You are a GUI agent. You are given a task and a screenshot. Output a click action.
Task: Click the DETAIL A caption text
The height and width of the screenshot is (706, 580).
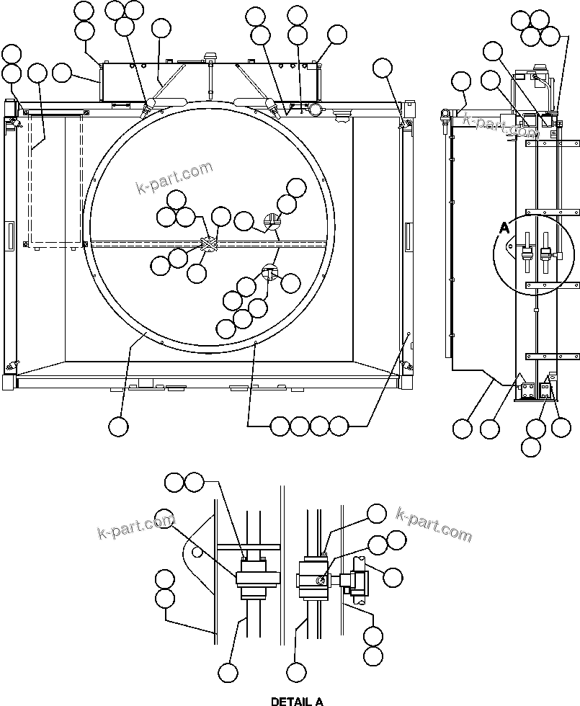point(297,700)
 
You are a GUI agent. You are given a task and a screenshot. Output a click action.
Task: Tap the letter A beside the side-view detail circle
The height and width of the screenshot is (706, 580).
point(505,228)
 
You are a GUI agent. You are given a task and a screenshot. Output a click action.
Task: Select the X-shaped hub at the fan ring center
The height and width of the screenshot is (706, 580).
point(208,245)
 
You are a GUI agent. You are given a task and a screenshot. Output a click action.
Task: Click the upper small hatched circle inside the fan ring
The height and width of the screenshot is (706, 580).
point(271,222)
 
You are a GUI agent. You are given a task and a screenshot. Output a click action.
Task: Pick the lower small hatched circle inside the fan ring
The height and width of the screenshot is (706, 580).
point(269,273)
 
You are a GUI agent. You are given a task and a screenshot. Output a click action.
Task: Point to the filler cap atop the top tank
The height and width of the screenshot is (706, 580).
point(211,58)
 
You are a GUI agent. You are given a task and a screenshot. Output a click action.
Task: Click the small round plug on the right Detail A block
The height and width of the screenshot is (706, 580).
point(321,581)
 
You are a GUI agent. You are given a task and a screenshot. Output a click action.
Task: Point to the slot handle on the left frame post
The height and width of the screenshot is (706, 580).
point(9,236)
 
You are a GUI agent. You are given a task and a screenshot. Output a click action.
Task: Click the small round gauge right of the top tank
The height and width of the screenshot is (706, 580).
point(315,110)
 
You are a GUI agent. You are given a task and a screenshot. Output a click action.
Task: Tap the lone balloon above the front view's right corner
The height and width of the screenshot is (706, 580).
point(383,68)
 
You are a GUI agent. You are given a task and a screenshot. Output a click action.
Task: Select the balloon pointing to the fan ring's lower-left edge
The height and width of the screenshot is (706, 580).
point(118,426)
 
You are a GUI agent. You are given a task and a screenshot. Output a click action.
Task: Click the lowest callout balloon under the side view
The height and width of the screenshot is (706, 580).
point(530,447)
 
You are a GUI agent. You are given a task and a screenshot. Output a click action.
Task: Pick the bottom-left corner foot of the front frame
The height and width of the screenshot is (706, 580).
point(8,382)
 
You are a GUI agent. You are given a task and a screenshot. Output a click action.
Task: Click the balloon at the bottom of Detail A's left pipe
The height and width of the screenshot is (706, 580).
point(228,673)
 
